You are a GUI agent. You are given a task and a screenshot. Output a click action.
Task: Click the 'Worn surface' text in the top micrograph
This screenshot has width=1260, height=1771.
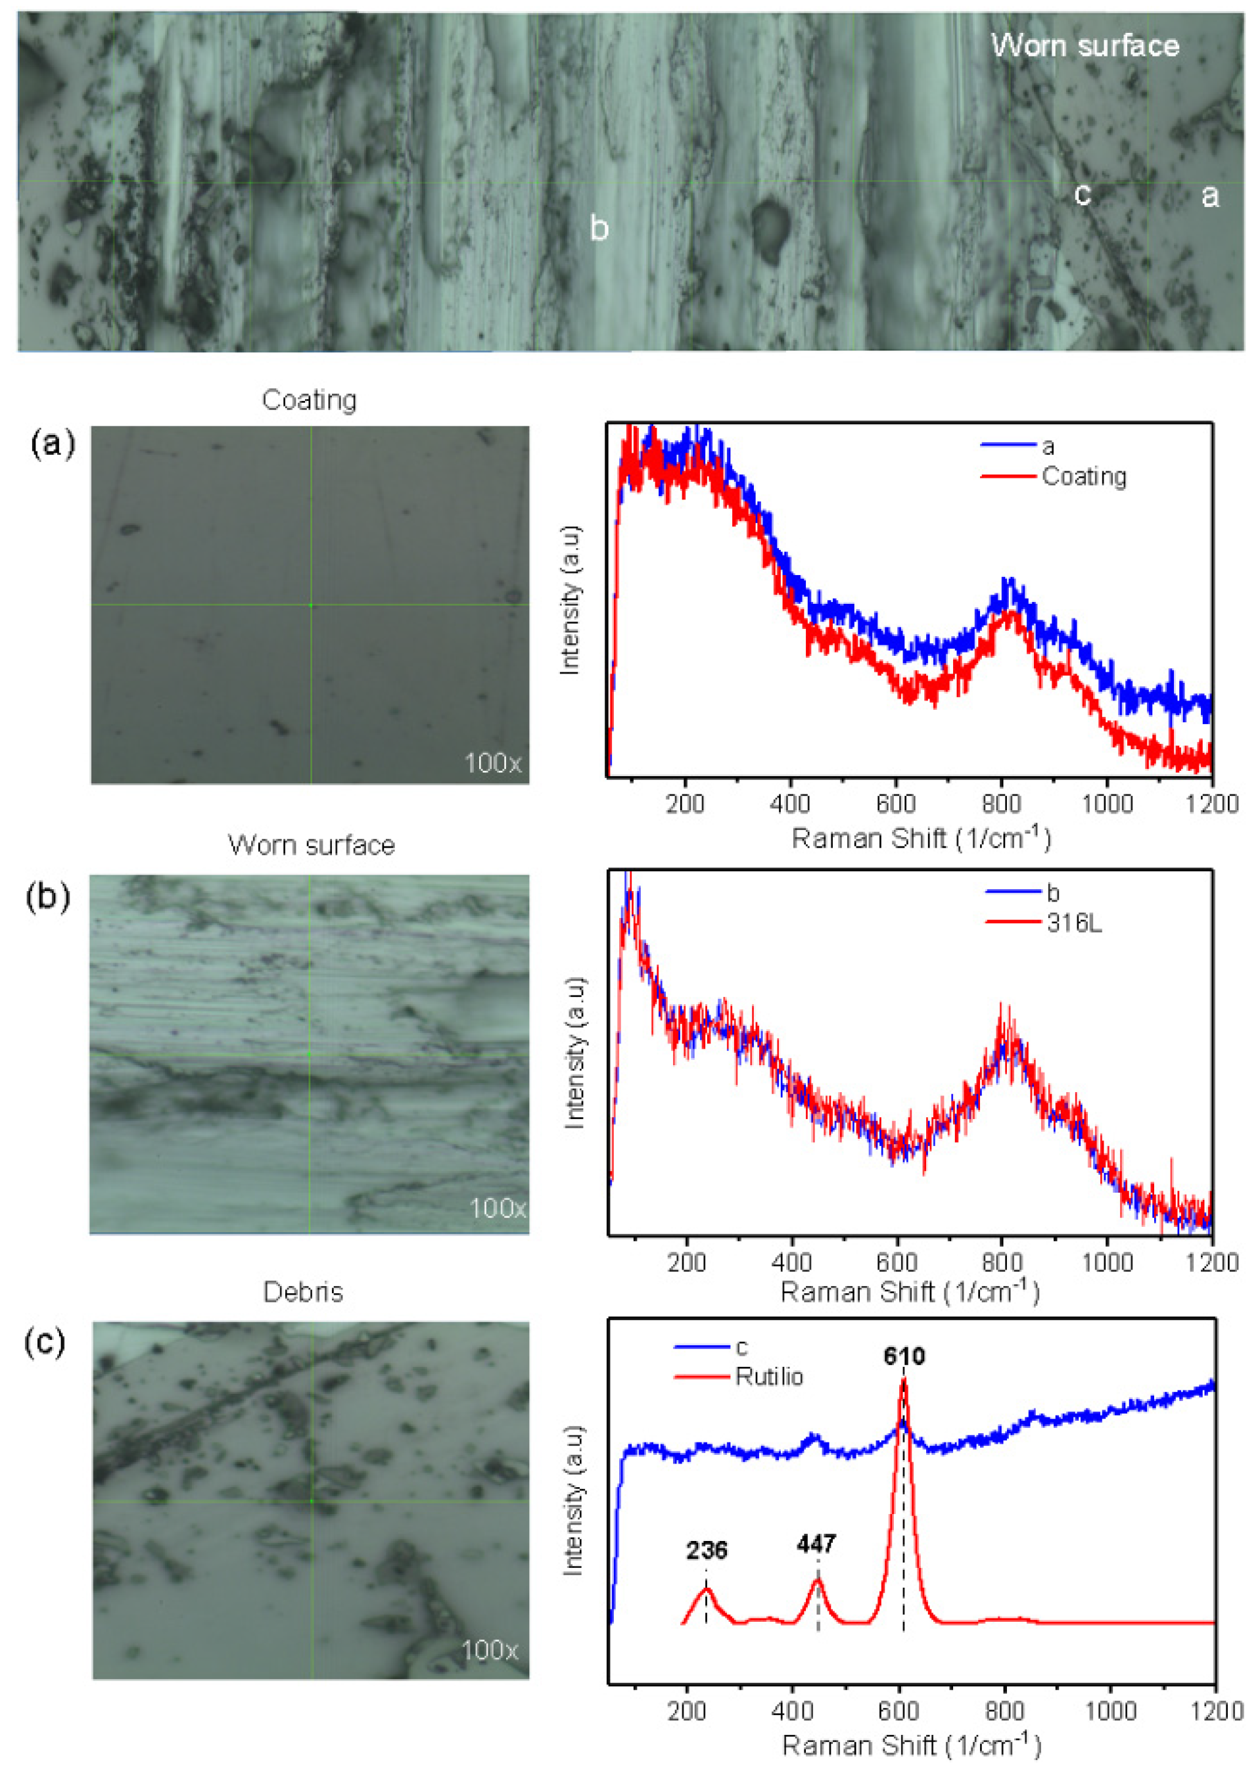click(x=1084, y=46)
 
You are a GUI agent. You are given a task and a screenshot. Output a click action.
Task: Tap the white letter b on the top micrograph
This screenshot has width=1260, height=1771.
click(x=598, y=228)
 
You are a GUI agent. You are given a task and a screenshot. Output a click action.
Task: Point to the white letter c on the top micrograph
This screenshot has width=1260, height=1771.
click(x=1082, y=194)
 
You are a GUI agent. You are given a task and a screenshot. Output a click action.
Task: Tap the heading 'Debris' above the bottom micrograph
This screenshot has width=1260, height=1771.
click(x=302, y=1291)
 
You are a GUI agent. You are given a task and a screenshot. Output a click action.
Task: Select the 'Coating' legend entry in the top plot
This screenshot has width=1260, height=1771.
click(x=1083, y=476)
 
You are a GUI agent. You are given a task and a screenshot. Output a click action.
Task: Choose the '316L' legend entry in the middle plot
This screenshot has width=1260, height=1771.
click(x=1074, y=923)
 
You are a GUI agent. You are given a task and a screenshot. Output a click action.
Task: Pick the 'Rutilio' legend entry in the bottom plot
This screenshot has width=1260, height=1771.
click(x=769, y=1377)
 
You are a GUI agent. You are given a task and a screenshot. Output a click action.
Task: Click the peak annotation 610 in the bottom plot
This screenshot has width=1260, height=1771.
click(x=904, y=1356)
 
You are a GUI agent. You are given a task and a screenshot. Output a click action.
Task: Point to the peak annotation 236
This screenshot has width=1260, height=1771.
click(x=706, y=1550)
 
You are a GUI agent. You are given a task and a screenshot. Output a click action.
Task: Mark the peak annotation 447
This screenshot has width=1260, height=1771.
click(x=816, y=1544)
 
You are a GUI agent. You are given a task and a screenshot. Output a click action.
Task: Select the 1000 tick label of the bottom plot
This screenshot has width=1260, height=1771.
click(x=1109, y=1711)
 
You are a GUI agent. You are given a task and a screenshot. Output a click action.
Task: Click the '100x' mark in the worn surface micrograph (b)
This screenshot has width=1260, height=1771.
click(x=498, y=1208)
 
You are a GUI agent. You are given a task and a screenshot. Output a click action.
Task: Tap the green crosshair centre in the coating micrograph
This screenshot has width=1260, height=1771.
click(x=311, y=605)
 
